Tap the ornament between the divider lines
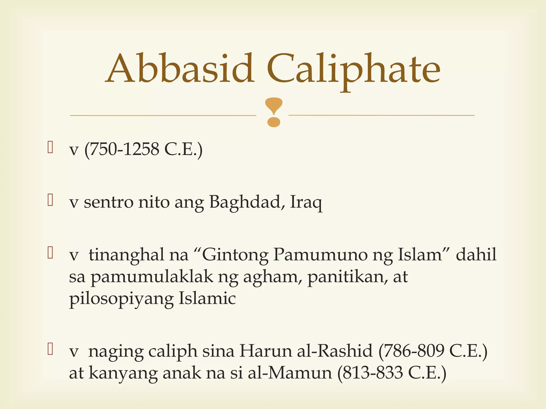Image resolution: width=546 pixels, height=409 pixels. point(274,112)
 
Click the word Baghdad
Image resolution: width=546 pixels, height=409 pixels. point(245,202)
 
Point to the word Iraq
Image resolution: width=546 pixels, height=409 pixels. point(306,202)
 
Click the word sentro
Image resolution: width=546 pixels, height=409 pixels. point(108,202)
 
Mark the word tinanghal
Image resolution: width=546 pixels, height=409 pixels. point(126,255)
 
